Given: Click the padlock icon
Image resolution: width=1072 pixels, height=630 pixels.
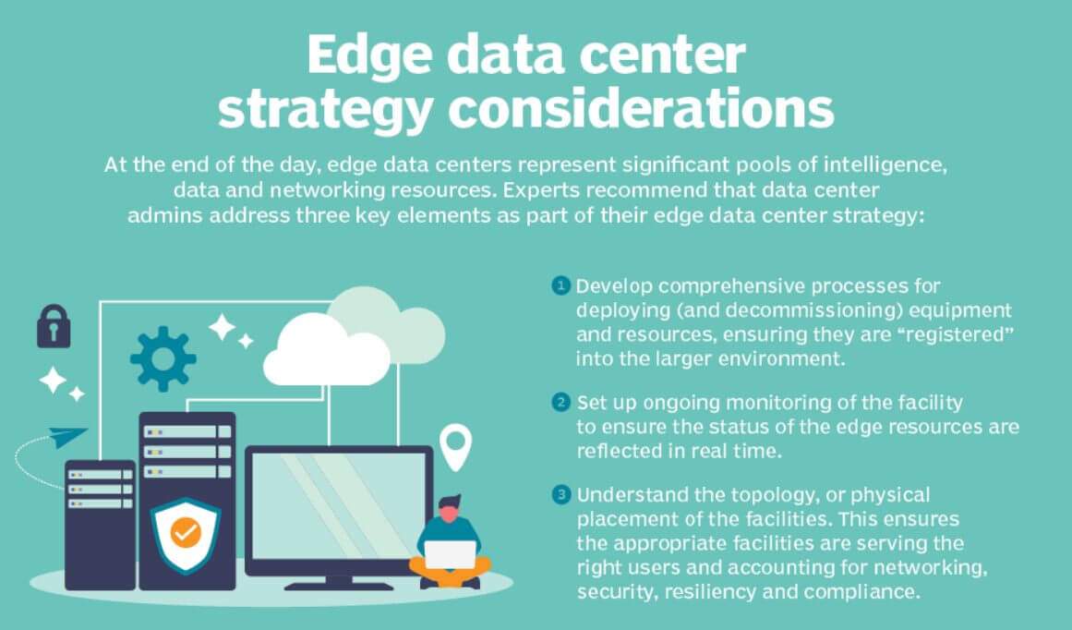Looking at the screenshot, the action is [x=54, y=326].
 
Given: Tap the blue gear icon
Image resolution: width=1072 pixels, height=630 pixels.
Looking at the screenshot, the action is [x=163, y=358].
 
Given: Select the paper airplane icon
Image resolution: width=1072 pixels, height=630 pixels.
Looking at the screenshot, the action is [x=67, y=437].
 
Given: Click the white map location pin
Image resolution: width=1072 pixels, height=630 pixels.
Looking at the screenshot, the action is [x=455, y=446].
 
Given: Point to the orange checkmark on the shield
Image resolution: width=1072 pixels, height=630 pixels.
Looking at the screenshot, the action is [x=186, y=532].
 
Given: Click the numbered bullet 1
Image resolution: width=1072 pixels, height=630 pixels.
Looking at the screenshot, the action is [x=560, y=285].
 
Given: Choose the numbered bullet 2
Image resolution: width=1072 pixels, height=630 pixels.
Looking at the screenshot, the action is [x=560, y=402].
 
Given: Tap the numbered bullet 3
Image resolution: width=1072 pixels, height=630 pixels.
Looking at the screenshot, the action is [x=560, y=494].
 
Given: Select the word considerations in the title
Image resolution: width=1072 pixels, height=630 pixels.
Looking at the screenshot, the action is [x=641, y=108].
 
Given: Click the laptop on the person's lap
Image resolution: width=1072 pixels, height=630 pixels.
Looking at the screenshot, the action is [x=451, y=554].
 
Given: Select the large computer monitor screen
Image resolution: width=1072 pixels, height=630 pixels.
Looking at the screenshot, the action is [x=339, y=506].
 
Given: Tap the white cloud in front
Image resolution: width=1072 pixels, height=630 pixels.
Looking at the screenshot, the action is [x=327, y=352].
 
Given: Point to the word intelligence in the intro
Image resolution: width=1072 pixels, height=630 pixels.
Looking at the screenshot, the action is [x=885, y=165].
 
